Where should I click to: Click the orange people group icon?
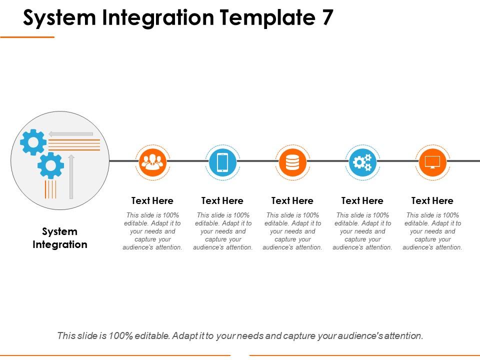point(152,161)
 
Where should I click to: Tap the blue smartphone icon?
point(222,161)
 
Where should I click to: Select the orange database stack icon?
point(292,161)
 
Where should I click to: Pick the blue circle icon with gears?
point(362,161)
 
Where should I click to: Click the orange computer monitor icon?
point(432,161)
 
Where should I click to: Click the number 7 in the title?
point(325,18)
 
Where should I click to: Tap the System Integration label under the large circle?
point(60,238)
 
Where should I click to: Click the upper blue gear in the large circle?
point(33,142)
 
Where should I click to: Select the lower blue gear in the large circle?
point(50,165)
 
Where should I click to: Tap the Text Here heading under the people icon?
point(152,200)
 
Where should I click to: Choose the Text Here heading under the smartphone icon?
point(222,200)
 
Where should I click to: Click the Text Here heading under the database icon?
point(292,200)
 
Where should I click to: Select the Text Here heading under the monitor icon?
point(432,200)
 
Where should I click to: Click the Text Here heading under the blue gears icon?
point(362,200)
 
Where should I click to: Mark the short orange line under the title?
point(27,37)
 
